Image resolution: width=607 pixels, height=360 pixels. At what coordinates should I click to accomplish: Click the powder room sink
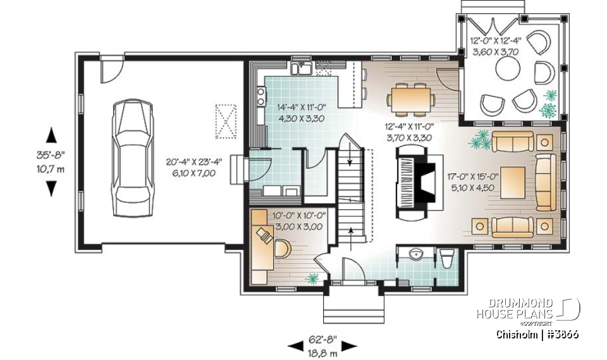coord(416,255)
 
